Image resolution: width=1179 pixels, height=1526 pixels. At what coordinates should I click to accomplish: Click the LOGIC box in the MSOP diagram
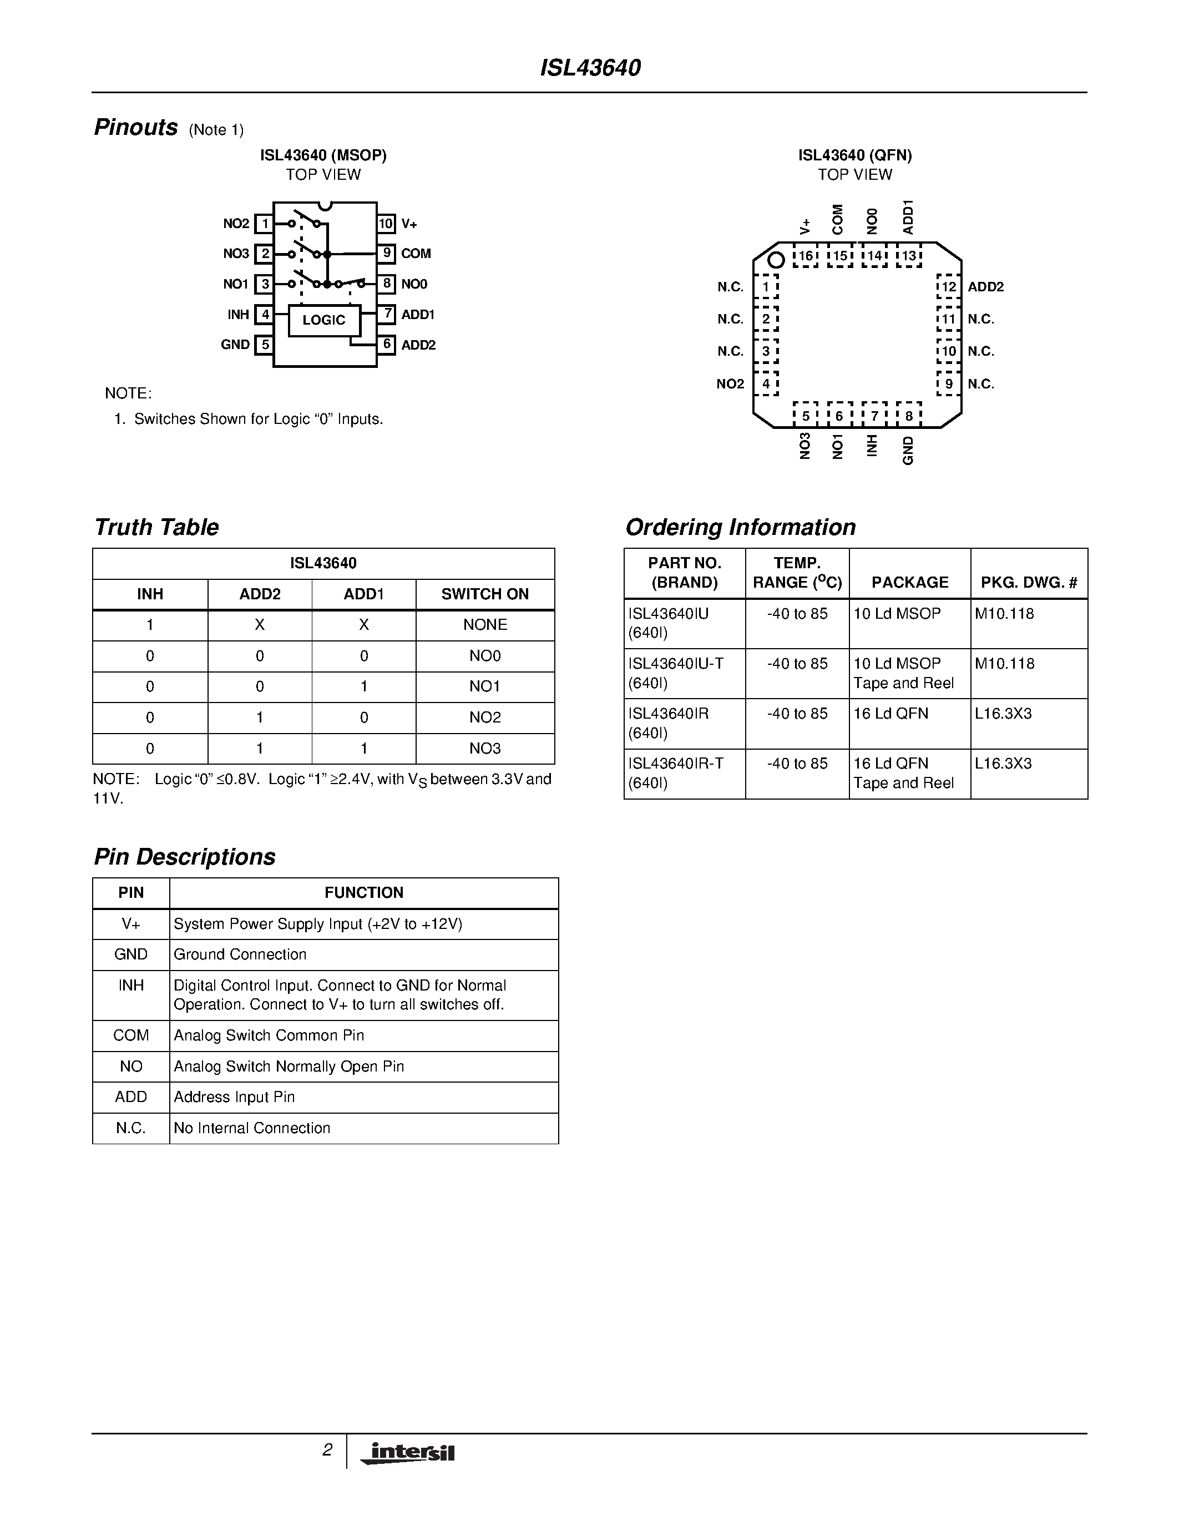pos(324,320)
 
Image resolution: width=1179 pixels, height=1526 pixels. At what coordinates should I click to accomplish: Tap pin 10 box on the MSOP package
pos(386,224)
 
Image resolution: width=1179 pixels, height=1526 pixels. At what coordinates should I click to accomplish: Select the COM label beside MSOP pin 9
pos(416,254)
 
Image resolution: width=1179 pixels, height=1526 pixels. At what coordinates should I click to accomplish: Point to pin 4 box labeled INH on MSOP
pos(264,315)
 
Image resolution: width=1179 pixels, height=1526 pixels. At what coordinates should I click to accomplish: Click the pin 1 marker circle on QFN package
pos(775,261)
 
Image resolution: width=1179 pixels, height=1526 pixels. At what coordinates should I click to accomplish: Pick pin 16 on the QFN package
pos(806,256)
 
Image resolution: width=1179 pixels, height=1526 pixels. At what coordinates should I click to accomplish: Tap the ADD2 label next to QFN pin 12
pos(985,286)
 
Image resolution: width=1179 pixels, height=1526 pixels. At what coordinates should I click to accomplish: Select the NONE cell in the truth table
pos(485,625)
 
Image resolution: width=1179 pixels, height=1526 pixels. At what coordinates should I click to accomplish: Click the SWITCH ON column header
pos(485,594)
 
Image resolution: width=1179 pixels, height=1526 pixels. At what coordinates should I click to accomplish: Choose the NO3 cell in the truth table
pos(485,749)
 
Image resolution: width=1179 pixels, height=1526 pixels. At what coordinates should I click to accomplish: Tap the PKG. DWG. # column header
pos(1029,582)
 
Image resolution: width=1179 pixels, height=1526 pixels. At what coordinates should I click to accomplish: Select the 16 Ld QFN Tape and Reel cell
pos(903,773)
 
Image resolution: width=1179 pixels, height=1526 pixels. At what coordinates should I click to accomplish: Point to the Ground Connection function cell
pos(240,954)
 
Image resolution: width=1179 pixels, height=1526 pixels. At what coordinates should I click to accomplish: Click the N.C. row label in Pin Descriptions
pos(130,1128)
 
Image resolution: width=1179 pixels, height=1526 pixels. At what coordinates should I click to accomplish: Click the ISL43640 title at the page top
pos(590,68)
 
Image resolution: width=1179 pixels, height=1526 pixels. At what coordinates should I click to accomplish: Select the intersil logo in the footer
pos(408,1453)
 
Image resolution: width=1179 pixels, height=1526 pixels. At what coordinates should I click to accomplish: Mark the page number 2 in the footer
pos(326,1450)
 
